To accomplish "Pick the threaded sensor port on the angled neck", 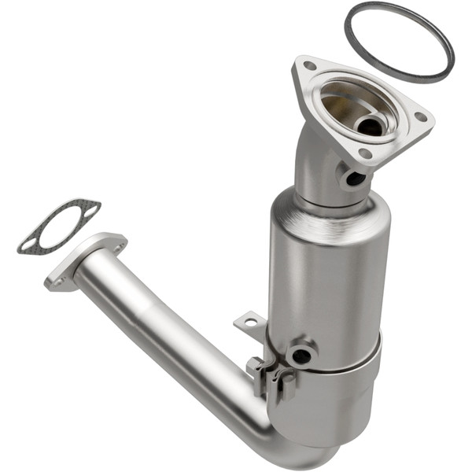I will (x=355, y=178).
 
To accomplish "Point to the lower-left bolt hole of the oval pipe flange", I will (x=57, y=277).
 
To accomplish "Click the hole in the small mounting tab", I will (x=249, y=322).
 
